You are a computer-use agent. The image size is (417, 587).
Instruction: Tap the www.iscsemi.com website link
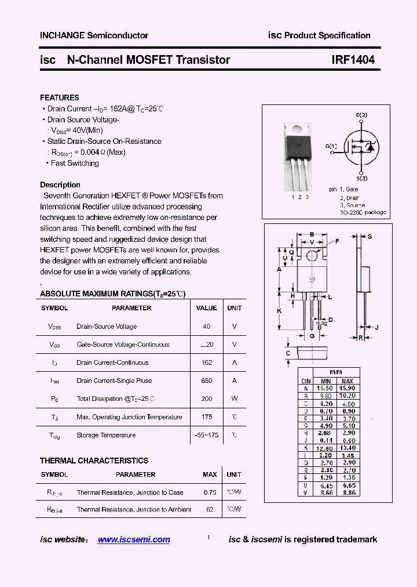pos(134,539)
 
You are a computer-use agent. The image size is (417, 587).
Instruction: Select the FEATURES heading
pos(60,97)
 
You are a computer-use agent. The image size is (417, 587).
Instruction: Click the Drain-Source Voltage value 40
pos(207,327)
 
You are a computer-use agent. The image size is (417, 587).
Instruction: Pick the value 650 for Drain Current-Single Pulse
pos(206,381)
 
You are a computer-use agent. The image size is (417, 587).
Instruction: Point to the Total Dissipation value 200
pos(206,398)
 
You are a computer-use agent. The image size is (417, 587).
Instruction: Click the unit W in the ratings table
pos(235,398)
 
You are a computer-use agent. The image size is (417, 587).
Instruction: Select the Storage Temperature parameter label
pos(106,435)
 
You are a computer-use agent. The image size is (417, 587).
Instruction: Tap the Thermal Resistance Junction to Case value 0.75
pos(210,492)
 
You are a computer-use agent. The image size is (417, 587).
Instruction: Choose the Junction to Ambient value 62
pos(210,509)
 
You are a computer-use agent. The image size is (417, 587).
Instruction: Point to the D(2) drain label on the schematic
pos(361,115)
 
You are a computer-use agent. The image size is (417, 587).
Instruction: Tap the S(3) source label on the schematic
pos(361,178)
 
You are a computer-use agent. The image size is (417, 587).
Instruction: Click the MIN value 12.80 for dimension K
pos(325,448)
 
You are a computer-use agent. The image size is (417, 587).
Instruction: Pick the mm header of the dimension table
pos(336,372)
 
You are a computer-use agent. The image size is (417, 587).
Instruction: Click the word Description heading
pos(60,184)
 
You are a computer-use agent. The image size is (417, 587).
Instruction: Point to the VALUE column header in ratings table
pos(207,308)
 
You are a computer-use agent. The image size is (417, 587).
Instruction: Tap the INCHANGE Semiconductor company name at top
pos(94,35)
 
